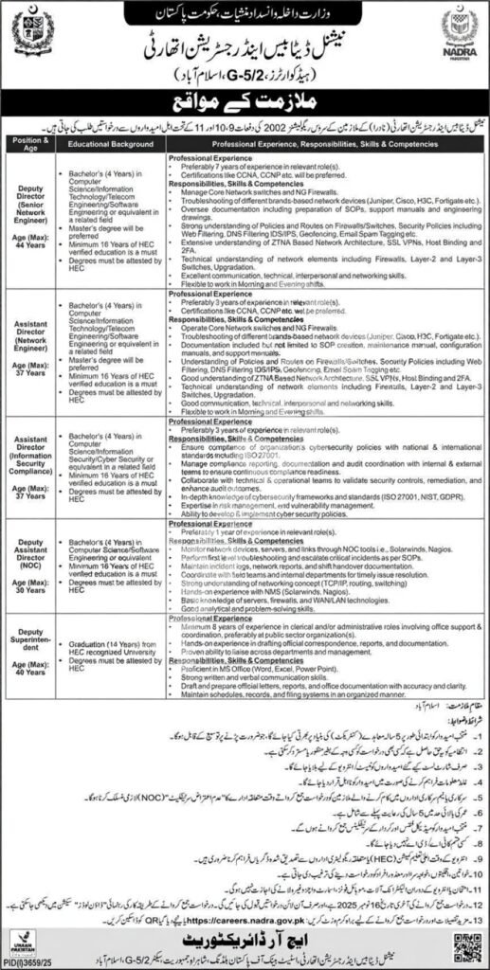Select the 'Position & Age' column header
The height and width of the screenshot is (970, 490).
pos(33,146)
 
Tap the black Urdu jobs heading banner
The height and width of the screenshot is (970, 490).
pos(245,101)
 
